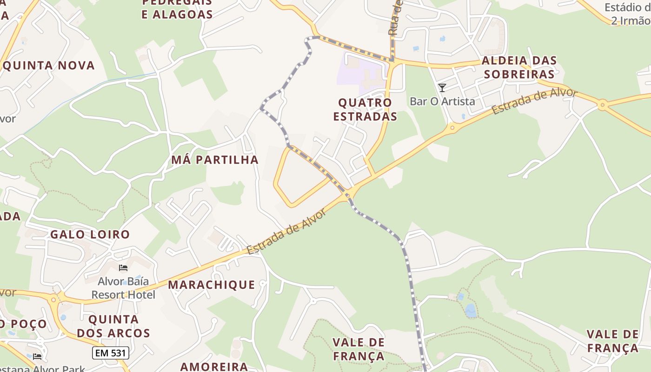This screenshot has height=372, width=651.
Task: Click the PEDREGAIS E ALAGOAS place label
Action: pyautogui.click(x=177, y=8)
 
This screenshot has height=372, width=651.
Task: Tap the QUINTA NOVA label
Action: pyautogui.click(x=48, y=66)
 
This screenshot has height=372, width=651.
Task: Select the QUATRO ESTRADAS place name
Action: pyautogui.click(x=365, y=109)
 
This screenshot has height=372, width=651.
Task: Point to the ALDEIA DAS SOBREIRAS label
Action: pyautogui.click(x=519, y=67)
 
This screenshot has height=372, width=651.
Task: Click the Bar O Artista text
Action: pyautogui.click(x=442, y=101)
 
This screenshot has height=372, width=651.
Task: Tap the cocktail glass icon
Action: pyautogui.click(x=442, y=87)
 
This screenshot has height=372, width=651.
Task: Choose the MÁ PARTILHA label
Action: pyautogui.click(x=214, y=160)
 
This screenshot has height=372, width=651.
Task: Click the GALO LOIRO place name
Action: pyautogui.click(x=90, y=234)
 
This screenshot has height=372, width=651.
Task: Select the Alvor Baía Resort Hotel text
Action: pyautogui.click(x=123, y=288)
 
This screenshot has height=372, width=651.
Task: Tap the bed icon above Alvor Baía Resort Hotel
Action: pyautogui.click(x=123, y=267)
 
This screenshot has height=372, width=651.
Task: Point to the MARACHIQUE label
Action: pyautogui.click(x=212, y=285)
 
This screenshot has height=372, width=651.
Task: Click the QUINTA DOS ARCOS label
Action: pyautogui.click(x=113, y=326)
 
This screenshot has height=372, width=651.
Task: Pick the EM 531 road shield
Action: pyautogui.click(x=110, y=353)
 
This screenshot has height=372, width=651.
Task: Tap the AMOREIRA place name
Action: pyautogui.click(x=214, y=366)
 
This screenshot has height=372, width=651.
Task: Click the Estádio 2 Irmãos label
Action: pyautogui.click(x=628, y=14)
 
